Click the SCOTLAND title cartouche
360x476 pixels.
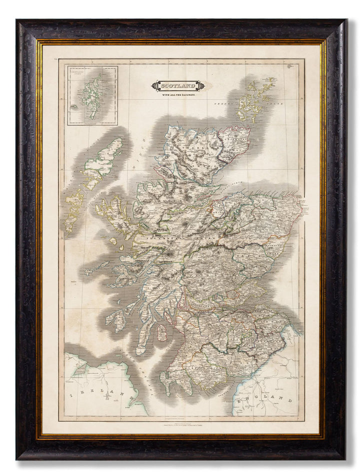tap(177, 86)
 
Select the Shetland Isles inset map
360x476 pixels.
tap(92, 95)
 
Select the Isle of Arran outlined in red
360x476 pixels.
tap(161, 333)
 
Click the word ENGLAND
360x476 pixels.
tap(265, 400)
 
